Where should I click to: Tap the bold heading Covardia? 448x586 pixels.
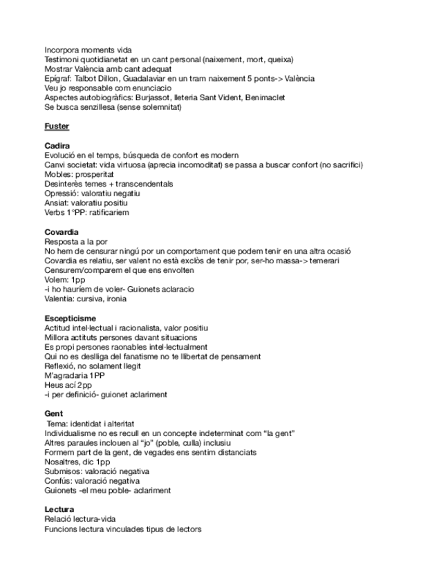(61, 231)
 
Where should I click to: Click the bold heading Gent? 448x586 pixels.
(53, 413)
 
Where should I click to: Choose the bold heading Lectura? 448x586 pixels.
(59, 509)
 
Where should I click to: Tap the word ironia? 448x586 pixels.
(113, 299)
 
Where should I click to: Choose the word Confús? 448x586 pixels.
(57, 480)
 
